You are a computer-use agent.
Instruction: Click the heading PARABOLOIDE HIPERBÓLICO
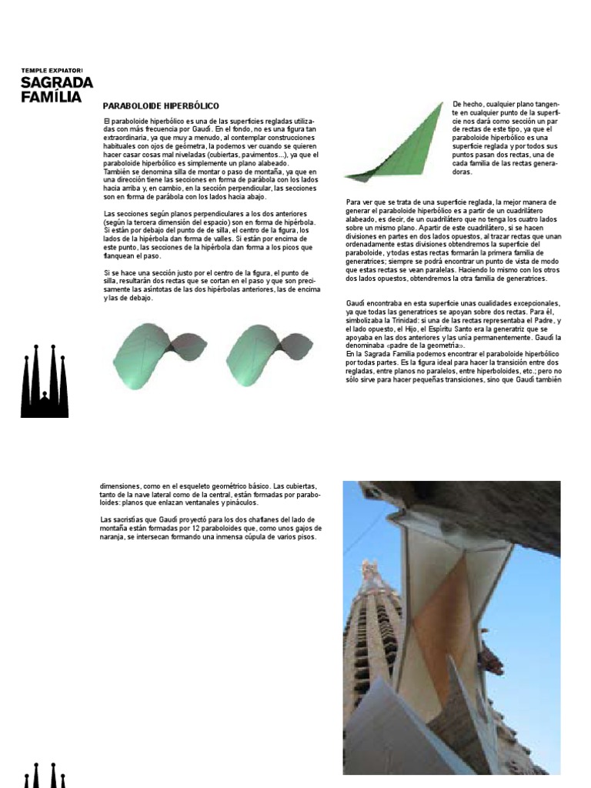tap(161, 105)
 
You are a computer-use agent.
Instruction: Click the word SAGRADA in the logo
tap(57, 83)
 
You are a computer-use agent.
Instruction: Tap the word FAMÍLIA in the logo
tap(51, 97)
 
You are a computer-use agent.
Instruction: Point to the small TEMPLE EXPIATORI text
tap(51, 71)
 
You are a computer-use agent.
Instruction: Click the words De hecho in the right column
tap(466, 104)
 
